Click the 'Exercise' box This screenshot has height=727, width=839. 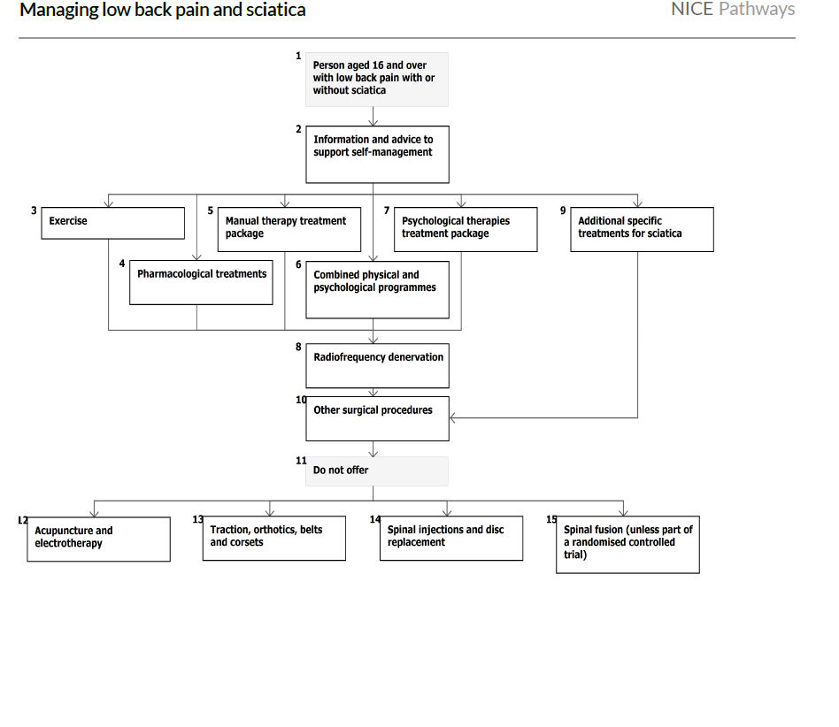click(112, 223)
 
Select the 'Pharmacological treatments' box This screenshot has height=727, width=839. click(201, 283)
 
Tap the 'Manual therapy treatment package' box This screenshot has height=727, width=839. click(289, 229)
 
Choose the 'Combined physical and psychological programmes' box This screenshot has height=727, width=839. click(377, 289)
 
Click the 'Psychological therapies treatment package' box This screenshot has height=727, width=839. click(466, 229)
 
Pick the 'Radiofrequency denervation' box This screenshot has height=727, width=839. click(377, 365)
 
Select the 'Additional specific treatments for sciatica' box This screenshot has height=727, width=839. click(642, 229)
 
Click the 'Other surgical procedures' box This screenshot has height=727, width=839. click(377, 418)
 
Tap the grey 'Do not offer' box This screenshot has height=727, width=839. click(377, 471)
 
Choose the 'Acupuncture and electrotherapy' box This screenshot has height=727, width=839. click(98, 539)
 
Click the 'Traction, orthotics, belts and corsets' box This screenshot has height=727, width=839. click(274, 538)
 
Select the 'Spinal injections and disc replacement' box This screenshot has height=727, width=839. click(451, 538)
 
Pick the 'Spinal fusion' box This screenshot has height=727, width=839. click(627, 544)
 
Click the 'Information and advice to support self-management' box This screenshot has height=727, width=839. click(377, 153)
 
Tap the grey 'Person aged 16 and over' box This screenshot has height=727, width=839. click(377, 79)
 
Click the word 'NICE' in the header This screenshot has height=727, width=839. click(692, 10)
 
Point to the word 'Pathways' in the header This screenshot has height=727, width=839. click(757, 10)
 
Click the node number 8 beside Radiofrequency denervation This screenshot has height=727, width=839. click(299, 347)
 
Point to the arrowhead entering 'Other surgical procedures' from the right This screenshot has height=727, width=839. click(454, 417)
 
